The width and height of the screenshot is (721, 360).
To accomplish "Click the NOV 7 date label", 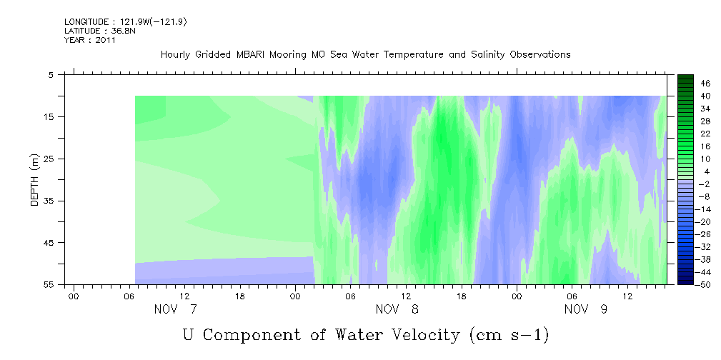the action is coord(175,309).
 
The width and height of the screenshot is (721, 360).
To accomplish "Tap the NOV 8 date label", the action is coord(397,309).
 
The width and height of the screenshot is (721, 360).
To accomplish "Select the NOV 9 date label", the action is coord(585,309).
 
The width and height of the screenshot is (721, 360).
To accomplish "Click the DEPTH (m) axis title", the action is coord(35,180).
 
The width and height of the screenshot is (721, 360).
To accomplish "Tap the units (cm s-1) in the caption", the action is coord(509,335).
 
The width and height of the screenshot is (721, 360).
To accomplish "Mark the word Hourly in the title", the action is coord(175,55).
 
